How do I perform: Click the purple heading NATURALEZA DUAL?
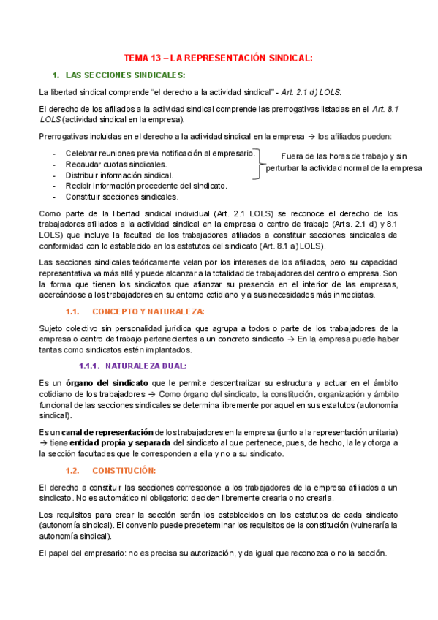[x=146, y=366]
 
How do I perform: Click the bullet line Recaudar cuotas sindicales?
[x=116, y=165]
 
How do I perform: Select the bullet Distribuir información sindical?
[x=119, y=175]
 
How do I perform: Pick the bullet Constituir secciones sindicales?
[x=121, y=197]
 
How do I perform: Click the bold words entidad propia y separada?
[x=121, y=443]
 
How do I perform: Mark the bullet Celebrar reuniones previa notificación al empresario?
[x=159, y=154]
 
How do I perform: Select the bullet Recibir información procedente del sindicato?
[x=146, y=186]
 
